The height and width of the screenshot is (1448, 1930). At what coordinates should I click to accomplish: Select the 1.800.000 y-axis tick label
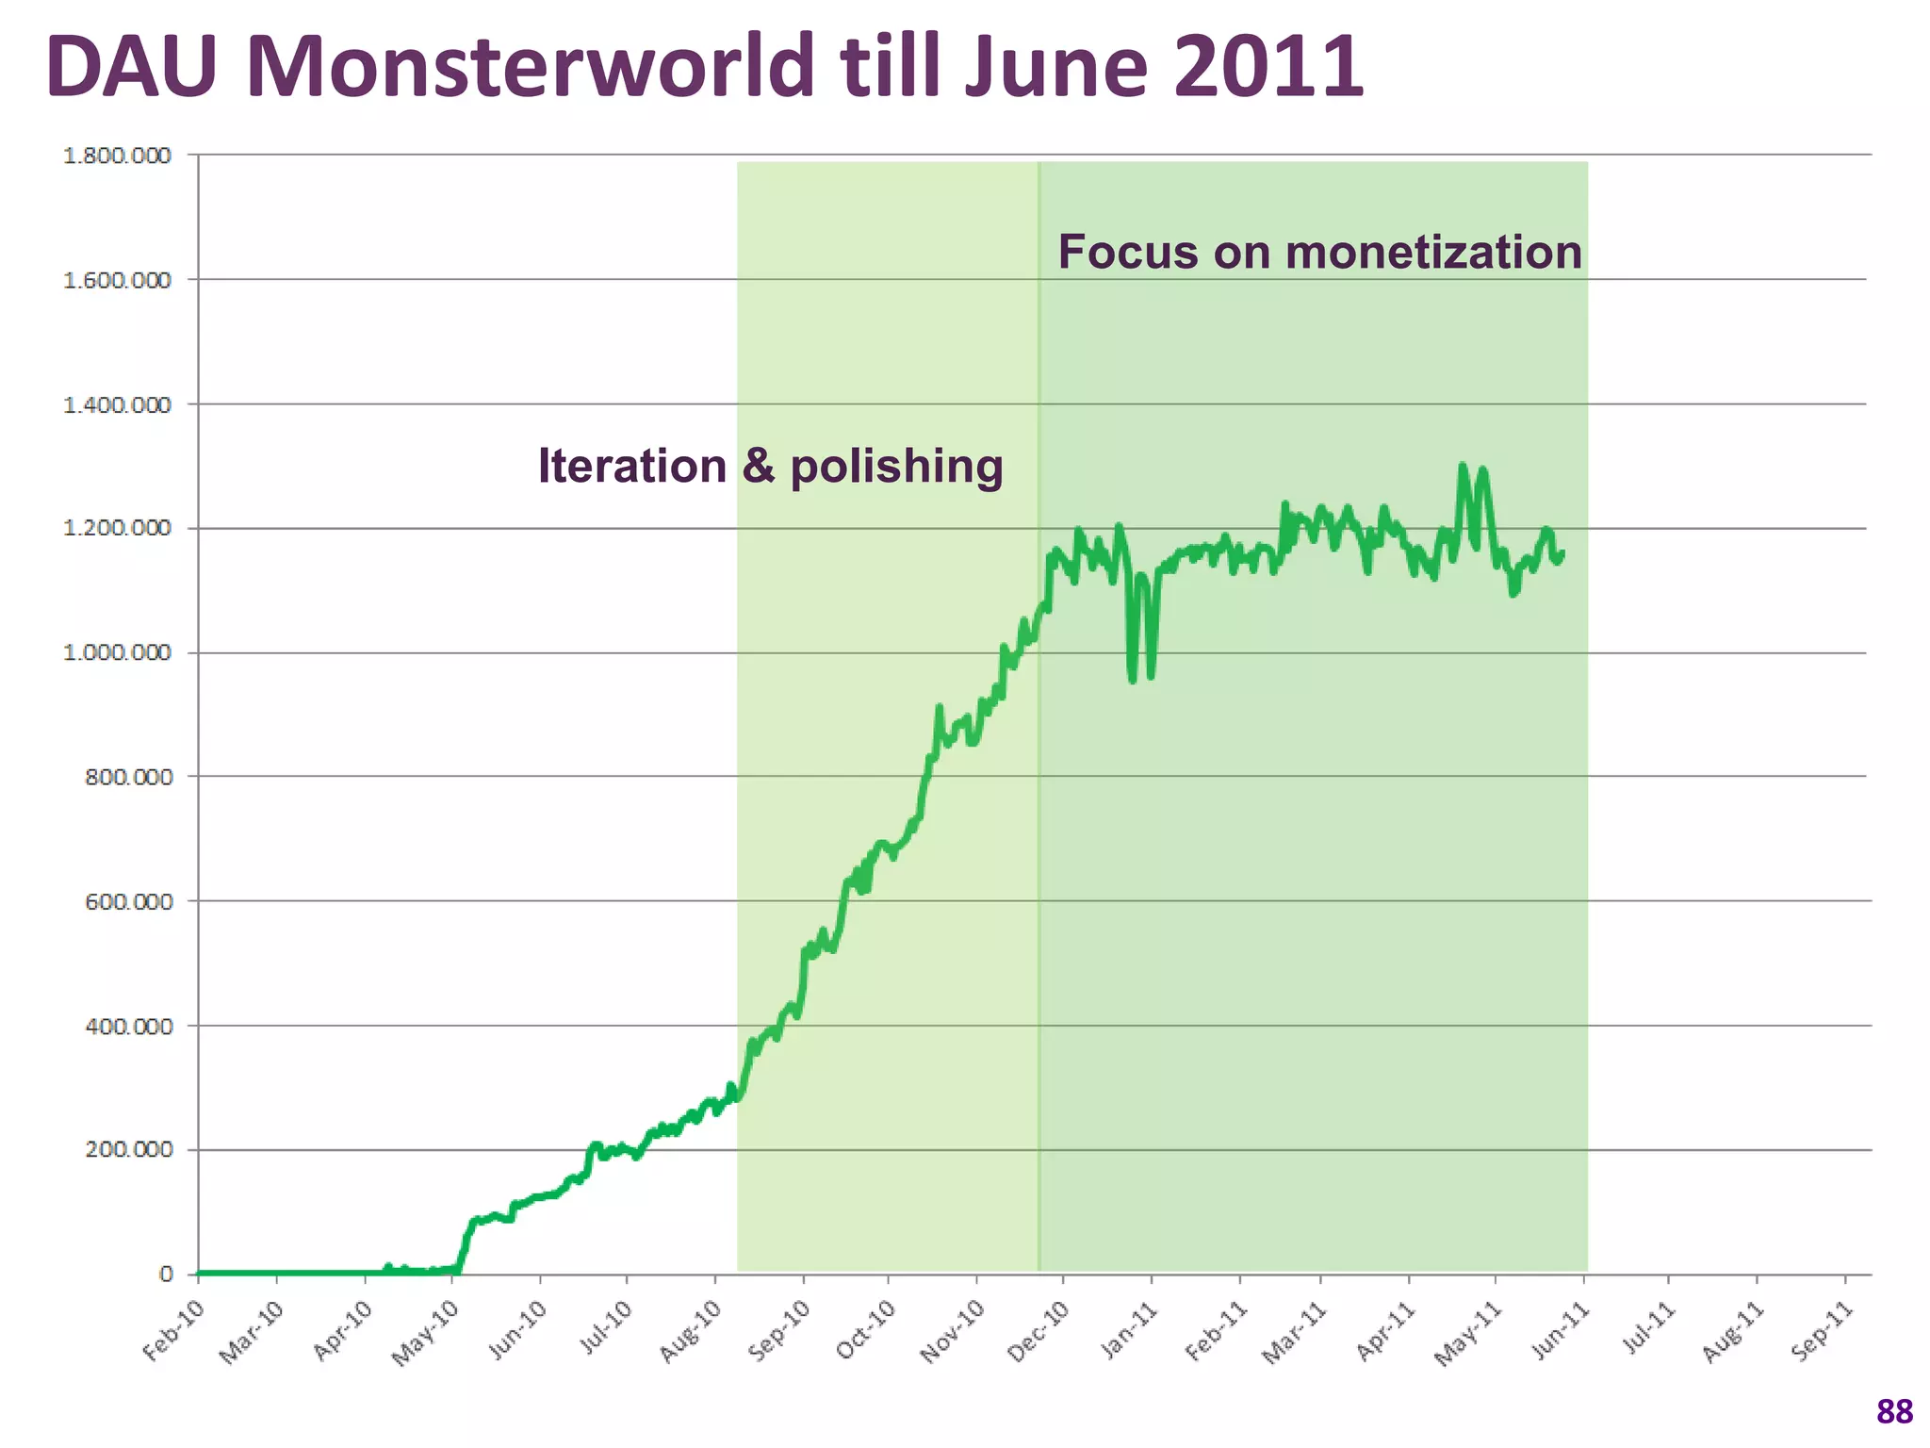coord(118,156)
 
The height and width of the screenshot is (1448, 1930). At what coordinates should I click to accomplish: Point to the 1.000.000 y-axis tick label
coord(118,652)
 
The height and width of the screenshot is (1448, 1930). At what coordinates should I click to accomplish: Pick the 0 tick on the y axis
coord(167,1274)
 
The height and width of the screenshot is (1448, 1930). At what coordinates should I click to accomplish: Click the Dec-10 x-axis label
coord(1039,1331)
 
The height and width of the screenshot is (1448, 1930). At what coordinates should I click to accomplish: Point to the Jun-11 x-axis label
coord(1560,1331)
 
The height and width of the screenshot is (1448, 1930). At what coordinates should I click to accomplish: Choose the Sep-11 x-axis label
coord(1822,1331)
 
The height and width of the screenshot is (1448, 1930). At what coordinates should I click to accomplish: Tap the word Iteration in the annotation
coord(631,466)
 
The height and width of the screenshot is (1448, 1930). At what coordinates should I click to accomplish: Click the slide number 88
coord(1894,1411)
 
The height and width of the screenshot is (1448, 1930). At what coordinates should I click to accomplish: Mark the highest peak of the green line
coord(1462,466)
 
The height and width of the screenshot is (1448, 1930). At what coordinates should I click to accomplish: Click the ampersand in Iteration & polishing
coord(758,466)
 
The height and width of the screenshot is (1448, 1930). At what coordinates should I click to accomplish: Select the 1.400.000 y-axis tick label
coord(118,404)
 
